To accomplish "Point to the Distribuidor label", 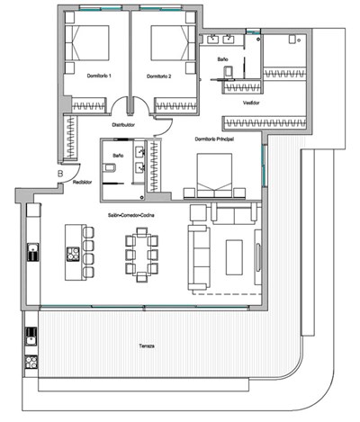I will click(123, 126).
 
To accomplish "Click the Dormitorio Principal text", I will click(214, 139).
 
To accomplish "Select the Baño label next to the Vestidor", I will click(222, 58).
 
